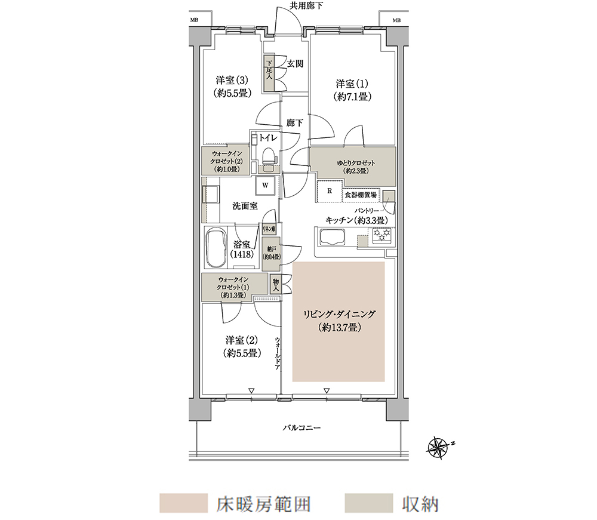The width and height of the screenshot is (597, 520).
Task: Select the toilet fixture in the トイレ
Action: [x=269, y=157]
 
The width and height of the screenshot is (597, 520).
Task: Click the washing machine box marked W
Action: [x=266, y=186]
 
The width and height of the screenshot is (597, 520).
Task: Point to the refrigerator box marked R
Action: [x=330, y=191]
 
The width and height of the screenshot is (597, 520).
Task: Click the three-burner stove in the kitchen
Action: [x=382, y=235]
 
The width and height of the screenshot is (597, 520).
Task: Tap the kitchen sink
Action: [x=332, y=238]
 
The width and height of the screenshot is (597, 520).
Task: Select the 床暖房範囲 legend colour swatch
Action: [x=183, y=503]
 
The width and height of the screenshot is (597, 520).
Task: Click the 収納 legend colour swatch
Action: [x=368, y=503]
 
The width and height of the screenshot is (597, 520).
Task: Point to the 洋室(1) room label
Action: [x=352, y=90]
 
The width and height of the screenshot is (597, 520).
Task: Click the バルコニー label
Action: [x=301, y=428]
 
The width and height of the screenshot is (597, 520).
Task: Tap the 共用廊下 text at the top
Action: [x=306, y=6]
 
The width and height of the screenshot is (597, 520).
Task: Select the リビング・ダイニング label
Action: [x=339, y=321]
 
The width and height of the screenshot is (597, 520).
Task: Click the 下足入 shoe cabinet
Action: [x=269, y=73]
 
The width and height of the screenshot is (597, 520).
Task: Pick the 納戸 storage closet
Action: [x=271, y=254]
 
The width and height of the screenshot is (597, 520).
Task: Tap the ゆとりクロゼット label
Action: [x=356, y=167]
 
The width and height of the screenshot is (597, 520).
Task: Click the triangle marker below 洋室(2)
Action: [x=251, y=390]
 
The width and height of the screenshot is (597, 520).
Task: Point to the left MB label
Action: [x=194, y=20]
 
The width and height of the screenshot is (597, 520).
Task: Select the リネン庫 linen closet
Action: [x=269, y=229]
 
